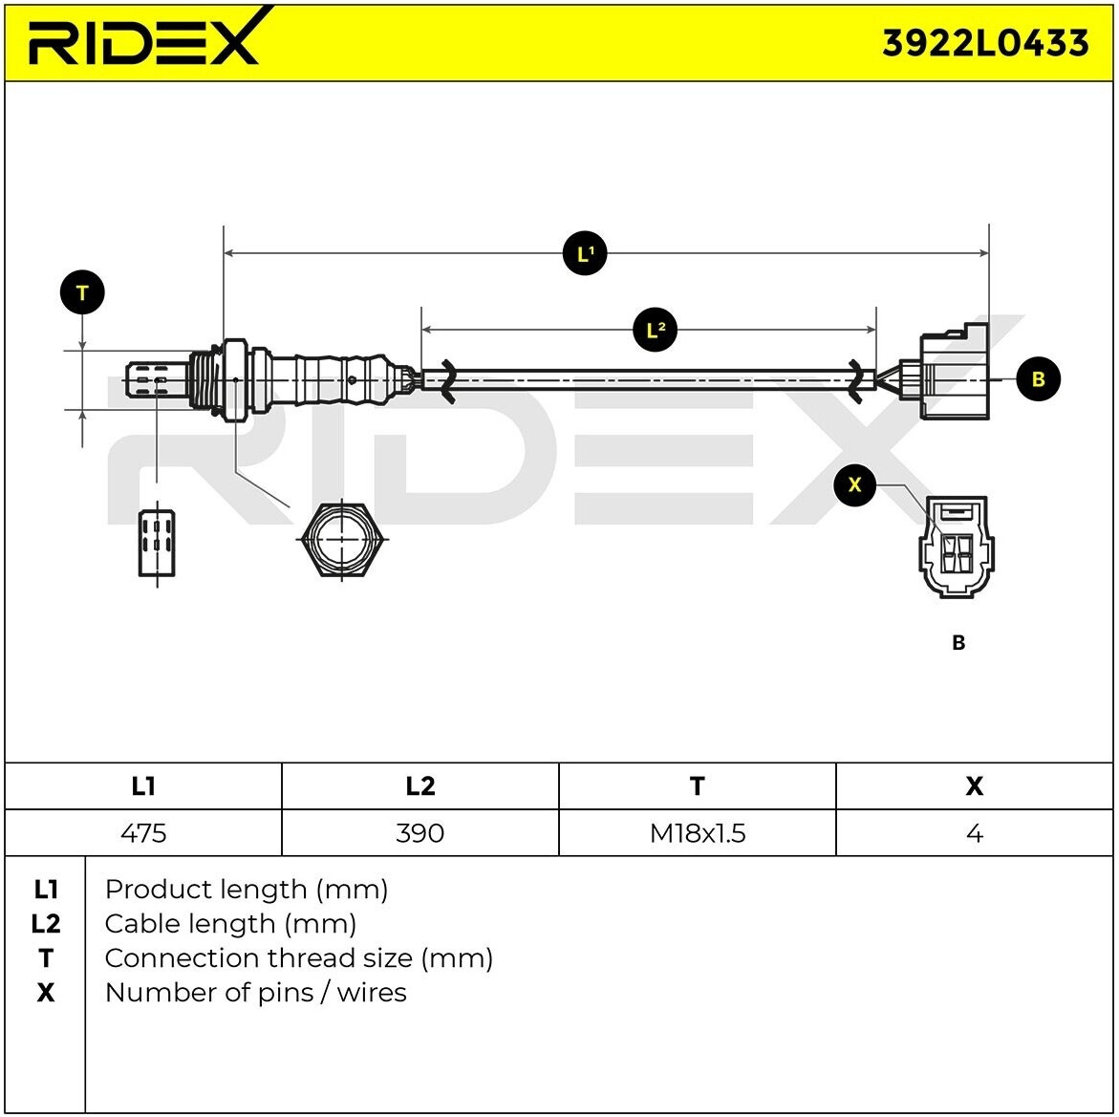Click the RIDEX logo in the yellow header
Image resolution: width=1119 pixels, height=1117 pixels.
143,41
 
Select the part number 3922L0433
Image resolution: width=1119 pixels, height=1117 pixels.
984,43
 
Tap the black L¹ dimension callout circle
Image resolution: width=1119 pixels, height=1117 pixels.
585,253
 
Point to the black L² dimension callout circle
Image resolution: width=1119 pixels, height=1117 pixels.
656,331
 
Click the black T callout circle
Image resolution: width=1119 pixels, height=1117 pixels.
82,293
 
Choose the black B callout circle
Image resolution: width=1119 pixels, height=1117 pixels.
1038,379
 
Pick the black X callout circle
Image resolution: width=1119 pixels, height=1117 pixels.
854,484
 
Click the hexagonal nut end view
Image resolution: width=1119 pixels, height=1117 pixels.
342,539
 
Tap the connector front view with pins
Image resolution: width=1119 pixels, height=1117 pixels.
956,547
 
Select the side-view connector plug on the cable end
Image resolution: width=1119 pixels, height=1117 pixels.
952,376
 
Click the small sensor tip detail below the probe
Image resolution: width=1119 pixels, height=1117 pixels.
157,543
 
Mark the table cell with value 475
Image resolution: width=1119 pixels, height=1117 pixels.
143,833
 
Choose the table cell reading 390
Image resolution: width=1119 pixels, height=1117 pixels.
420,833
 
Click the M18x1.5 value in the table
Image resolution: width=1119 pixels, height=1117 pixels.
697,833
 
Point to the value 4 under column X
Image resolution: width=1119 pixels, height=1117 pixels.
974,833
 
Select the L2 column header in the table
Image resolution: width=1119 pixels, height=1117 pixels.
420,785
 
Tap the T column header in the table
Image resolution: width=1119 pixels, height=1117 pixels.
697,785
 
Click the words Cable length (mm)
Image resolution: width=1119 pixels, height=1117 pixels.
230,924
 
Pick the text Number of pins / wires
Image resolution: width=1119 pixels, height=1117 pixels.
255,993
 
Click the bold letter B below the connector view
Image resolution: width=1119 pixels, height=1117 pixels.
958,643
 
